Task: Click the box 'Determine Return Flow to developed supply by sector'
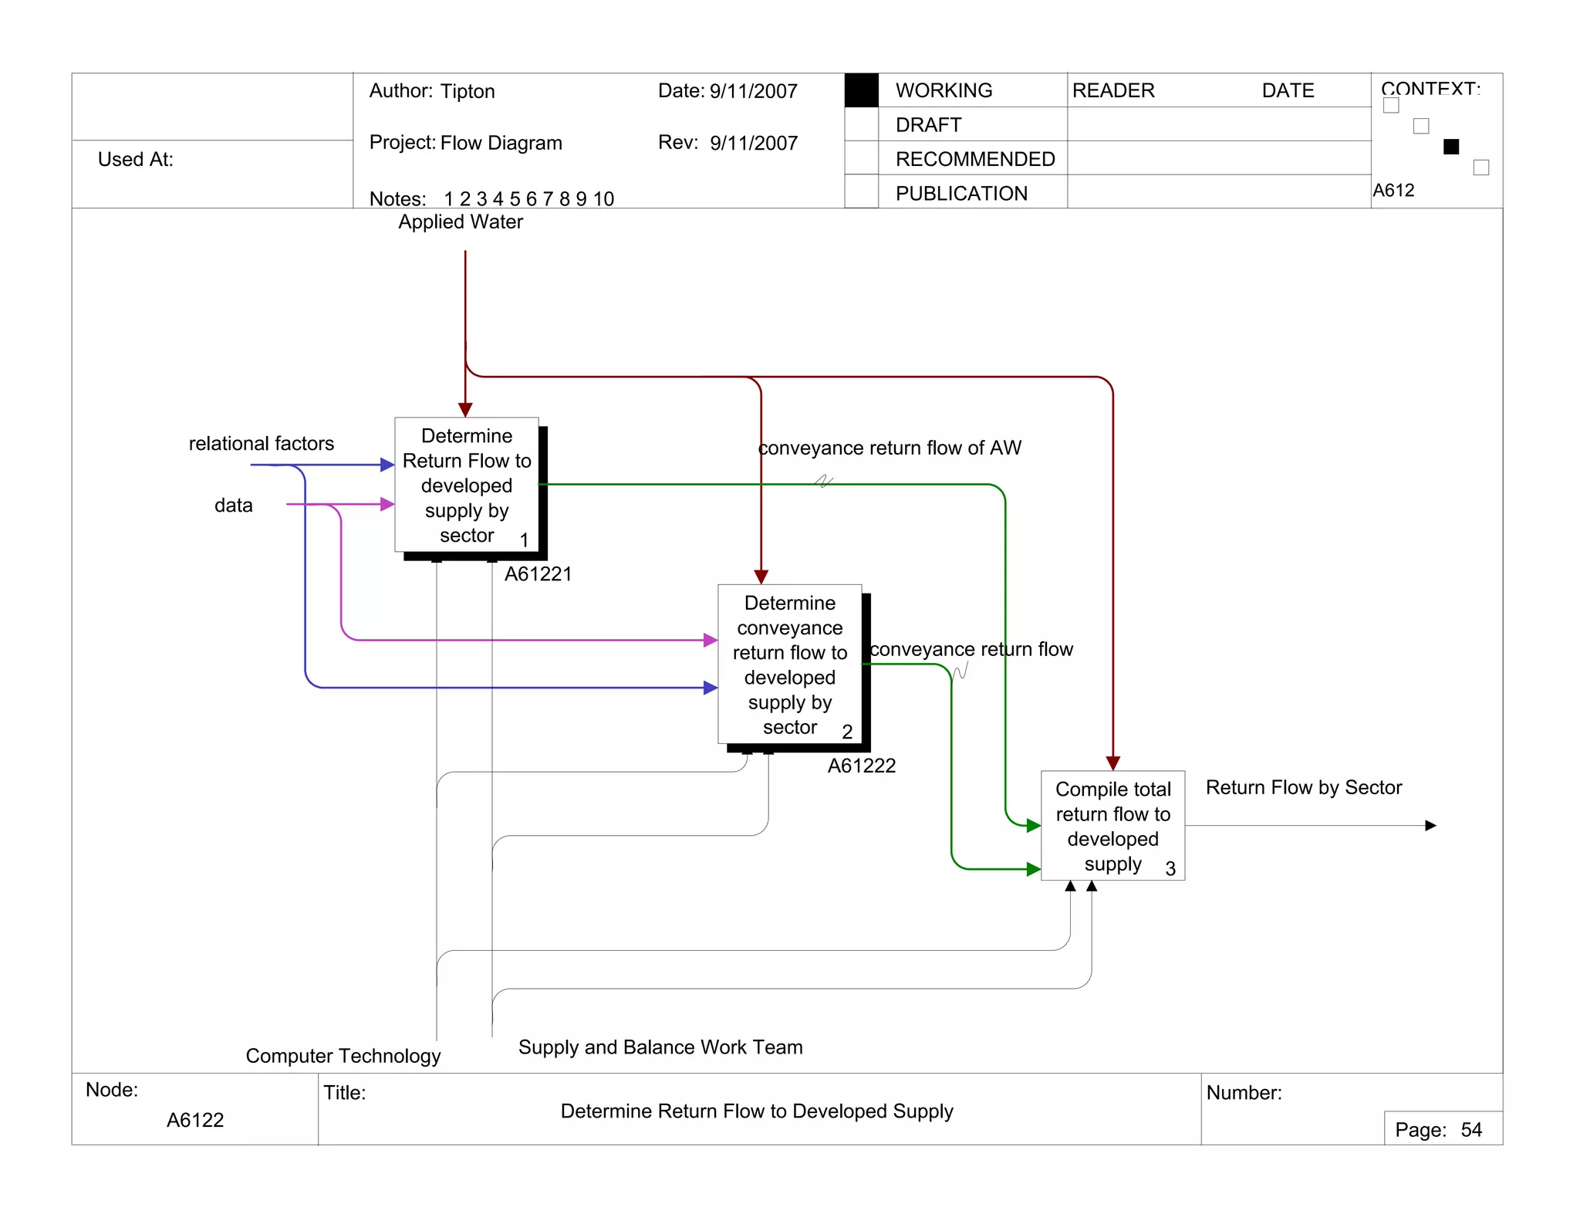coord(466,485)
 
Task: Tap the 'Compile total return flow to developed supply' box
coord(1112,825)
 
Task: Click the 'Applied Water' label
coord(461,222)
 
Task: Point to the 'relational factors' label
coord(261,444)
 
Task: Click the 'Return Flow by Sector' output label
coord(1303,787)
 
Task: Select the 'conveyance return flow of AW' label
coord(890,448)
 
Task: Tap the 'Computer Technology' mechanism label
coord(343,1056)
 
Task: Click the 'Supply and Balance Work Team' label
coord(660,1047)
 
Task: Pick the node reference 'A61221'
coord(538,574)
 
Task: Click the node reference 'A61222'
coord(862,766)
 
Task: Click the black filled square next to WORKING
coord(861,90)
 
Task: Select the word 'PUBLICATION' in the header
coord(961,194)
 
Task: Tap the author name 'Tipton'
coord(468,92)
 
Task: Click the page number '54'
coord(1471,1130)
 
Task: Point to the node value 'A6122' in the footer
coord(195,1120)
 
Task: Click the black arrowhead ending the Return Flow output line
coord(1430,826)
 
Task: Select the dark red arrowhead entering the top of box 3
coord(1112,763)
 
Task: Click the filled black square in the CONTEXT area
coord(1451,147)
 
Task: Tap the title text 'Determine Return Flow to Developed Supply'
coord(756,1111)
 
